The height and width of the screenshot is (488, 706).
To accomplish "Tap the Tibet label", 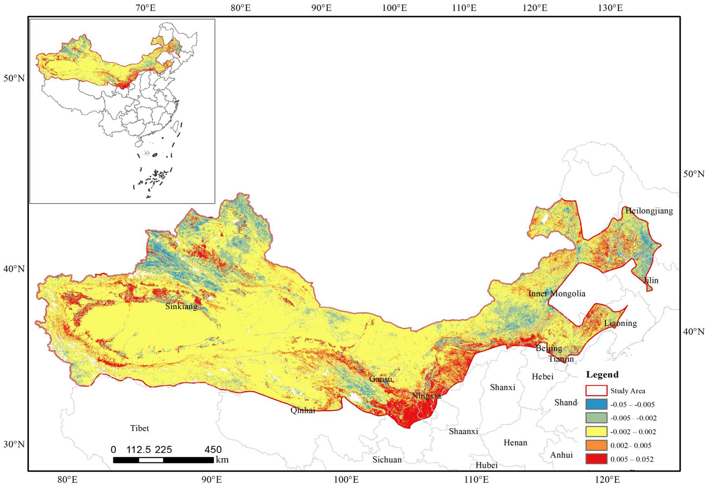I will coord(139,428).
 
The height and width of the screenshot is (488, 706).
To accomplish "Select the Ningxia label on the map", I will coord(426,396).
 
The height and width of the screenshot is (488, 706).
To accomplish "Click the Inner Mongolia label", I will coord(557,293).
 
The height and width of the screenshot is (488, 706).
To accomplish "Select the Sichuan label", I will coord(387,460).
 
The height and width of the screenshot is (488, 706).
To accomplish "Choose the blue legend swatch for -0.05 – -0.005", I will coord(596,404).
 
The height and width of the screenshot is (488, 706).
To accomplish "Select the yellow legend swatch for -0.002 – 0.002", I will coord(596,431).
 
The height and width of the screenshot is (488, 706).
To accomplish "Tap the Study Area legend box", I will coord(596,391).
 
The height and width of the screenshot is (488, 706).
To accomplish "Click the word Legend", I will coord(602,374).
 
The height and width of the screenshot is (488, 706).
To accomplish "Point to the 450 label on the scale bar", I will coord(213,450).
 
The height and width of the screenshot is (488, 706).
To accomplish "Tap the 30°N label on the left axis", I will coord(14,444).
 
